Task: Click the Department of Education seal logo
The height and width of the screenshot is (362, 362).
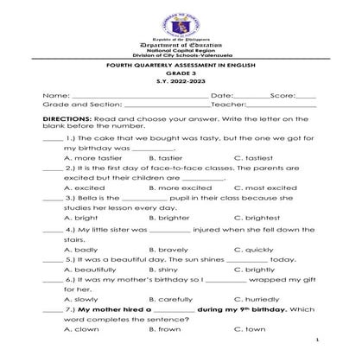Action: pos(181,19)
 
